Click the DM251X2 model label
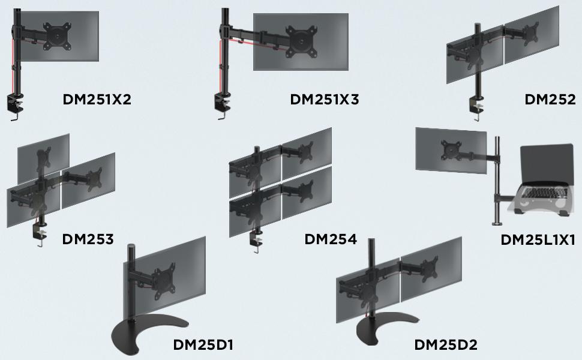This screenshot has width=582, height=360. pos(97,100)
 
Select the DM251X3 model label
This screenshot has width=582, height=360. pos(324,100)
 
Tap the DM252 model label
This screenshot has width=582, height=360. pos(550,100)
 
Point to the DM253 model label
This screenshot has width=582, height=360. pos(88,239)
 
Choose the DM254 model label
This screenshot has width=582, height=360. pos(331,239)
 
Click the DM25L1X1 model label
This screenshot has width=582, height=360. pos(538,240)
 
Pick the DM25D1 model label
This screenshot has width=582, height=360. pos(203,345)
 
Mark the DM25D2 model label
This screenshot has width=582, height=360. pos(446,345)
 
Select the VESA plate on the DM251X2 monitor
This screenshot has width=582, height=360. pos(57,35)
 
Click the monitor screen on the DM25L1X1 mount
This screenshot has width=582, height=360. pos(451,149)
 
